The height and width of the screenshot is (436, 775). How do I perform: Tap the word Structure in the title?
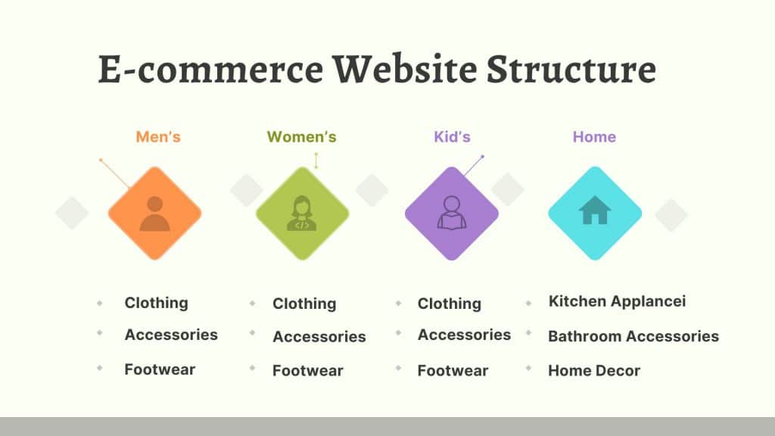coord(571,69)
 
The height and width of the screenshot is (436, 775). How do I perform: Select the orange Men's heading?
coord(158,137)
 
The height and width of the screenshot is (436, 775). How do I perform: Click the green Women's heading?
coord(301,137)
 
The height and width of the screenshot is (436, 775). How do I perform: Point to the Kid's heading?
coord(453,137)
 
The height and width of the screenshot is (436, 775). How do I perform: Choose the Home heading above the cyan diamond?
coord(594,137)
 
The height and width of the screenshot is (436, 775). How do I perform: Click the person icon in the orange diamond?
coord(154,213)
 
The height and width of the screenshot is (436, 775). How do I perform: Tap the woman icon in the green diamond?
coord(302,213)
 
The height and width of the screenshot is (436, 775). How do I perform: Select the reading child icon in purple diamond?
coord(452,213)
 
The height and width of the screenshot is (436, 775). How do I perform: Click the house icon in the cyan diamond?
coord(595,210)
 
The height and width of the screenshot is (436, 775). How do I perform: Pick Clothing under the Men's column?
coord(156,303)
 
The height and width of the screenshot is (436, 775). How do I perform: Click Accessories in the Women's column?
coord(319,337)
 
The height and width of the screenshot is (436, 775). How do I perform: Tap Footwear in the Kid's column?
coord(453,371)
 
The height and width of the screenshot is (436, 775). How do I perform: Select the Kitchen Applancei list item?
coord(618,301)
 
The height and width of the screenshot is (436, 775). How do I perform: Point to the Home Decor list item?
coord(594,371)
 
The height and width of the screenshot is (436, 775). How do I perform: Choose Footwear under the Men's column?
coord(160,369)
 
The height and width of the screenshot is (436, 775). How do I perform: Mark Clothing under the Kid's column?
coord(450,304)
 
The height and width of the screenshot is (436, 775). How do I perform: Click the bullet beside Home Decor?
coord(528,369)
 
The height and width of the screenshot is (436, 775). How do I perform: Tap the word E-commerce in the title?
coord(210,69)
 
